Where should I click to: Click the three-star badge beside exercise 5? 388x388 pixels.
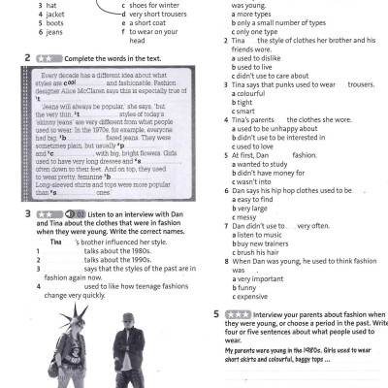click(238, 315)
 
